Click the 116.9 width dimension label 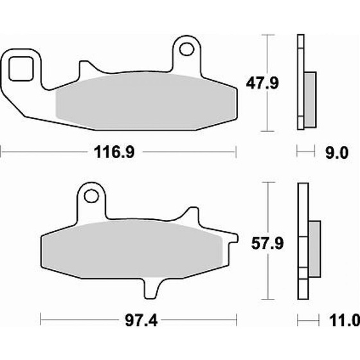coord(114,152)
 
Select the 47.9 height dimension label coord(262,83)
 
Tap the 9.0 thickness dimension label coord(337,153)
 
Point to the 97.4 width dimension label coord(141,321)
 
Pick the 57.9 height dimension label coord(267,244)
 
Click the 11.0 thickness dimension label coord(345,321)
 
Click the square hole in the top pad coord(21,69)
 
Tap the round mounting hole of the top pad coord(187,49)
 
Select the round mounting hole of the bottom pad coord(91,196)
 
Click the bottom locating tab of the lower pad coord(152,288)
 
